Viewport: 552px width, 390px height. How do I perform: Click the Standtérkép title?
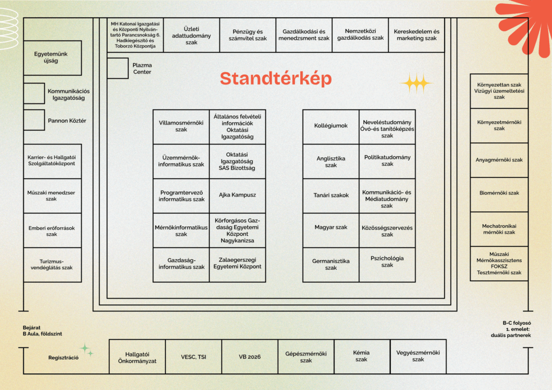pyautogui.click(x=275, y=79)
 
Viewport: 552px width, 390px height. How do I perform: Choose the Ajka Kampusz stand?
pyautogui.click(x=237, y=195)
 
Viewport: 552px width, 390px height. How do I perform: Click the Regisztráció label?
pyautogui.click(x=64, y=358)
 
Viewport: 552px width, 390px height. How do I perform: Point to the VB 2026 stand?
pyautogui.click(x=250, y=357)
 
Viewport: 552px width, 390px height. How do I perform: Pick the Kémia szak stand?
pyautogui.click(x=361, y=357)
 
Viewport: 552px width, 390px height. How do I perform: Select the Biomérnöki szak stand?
pyautogui.click(x=499, y=193)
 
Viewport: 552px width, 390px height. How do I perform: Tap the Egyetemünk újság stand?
pyautogui.click(x=52, y=58)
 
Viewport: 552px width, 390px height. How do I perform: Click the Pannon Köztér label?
pyautogui.click(x=67, y=121)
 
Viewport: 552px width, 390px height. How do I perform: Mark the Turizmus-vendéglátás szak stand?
pyautogui.click(x=52, y=264)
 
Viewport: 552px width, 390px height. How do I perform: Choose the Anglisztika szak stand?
pyautogui.click(x=331, y=162)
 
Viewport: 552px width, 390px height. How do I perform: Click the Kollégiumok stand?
pyautogui.click(x=331, y=127)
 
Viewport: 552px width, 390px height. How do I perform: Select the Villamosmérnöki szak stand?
pyautogui.click(x=181, y=127)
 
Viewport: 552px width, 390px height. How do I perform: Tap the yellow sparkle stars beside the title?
pyautogui.click(x=416, y=83)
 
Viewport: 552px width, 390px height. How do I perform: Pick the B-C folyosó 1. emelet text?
pyautogui.click(x=516, y=329)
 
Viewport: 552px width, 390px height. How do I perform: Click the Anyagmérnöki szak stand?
pyautogui.click(x=499, y=160)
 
